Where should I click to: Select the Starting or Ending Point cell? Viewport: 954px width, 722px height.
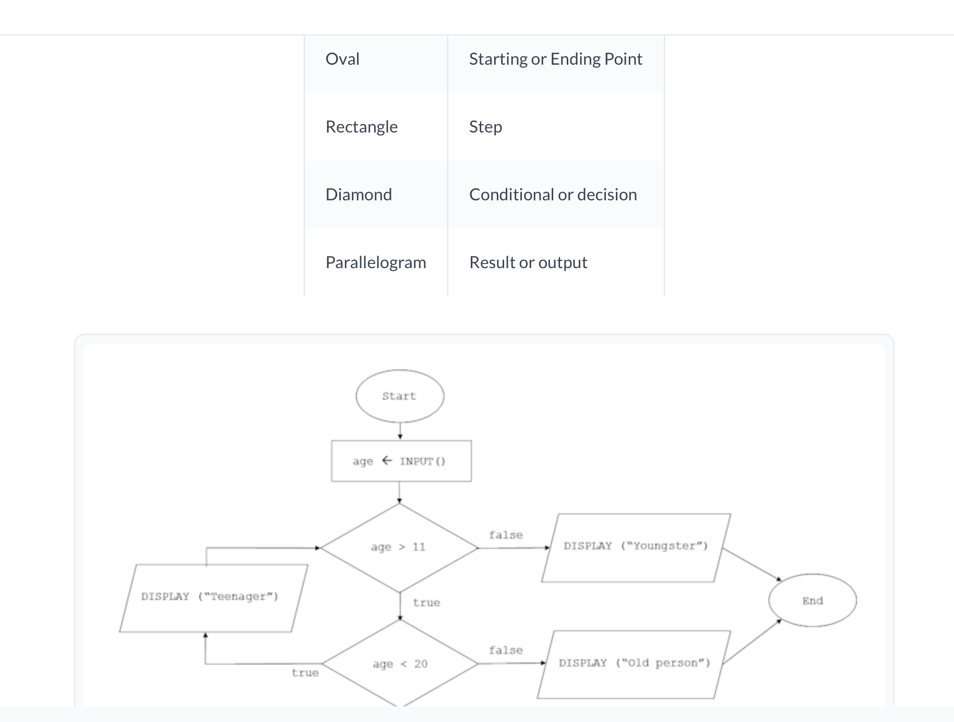pos(555,59)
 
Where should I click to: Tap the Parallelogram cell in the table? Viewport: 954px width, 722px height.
pos(376,262)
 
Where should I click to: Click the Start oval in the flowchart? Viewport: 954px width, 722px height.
pos(400,396)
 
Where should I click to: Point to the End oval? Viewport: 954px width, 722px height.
pos(813,600)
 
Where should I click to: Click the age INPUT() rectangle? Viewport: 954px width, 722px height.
pos(401,461)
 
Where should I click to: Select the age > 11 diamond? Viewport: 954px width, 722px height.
pos(399,547)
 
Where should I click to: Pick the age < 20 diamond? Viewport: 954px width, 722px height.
pos(400,664)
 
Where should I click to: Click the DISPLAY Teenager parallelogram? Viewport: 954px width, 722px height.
pos(213,597)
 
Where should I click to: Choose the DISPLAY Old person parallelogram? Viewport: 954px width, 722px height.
pos(634,664)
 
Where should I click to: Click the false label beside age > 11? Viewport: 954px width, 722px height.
pos(506,535)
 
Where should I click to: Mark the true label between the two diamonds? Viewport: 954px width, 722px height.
pos(426,603)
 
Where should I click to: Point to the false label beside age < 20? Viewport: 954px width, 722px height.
pos(506,650)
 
